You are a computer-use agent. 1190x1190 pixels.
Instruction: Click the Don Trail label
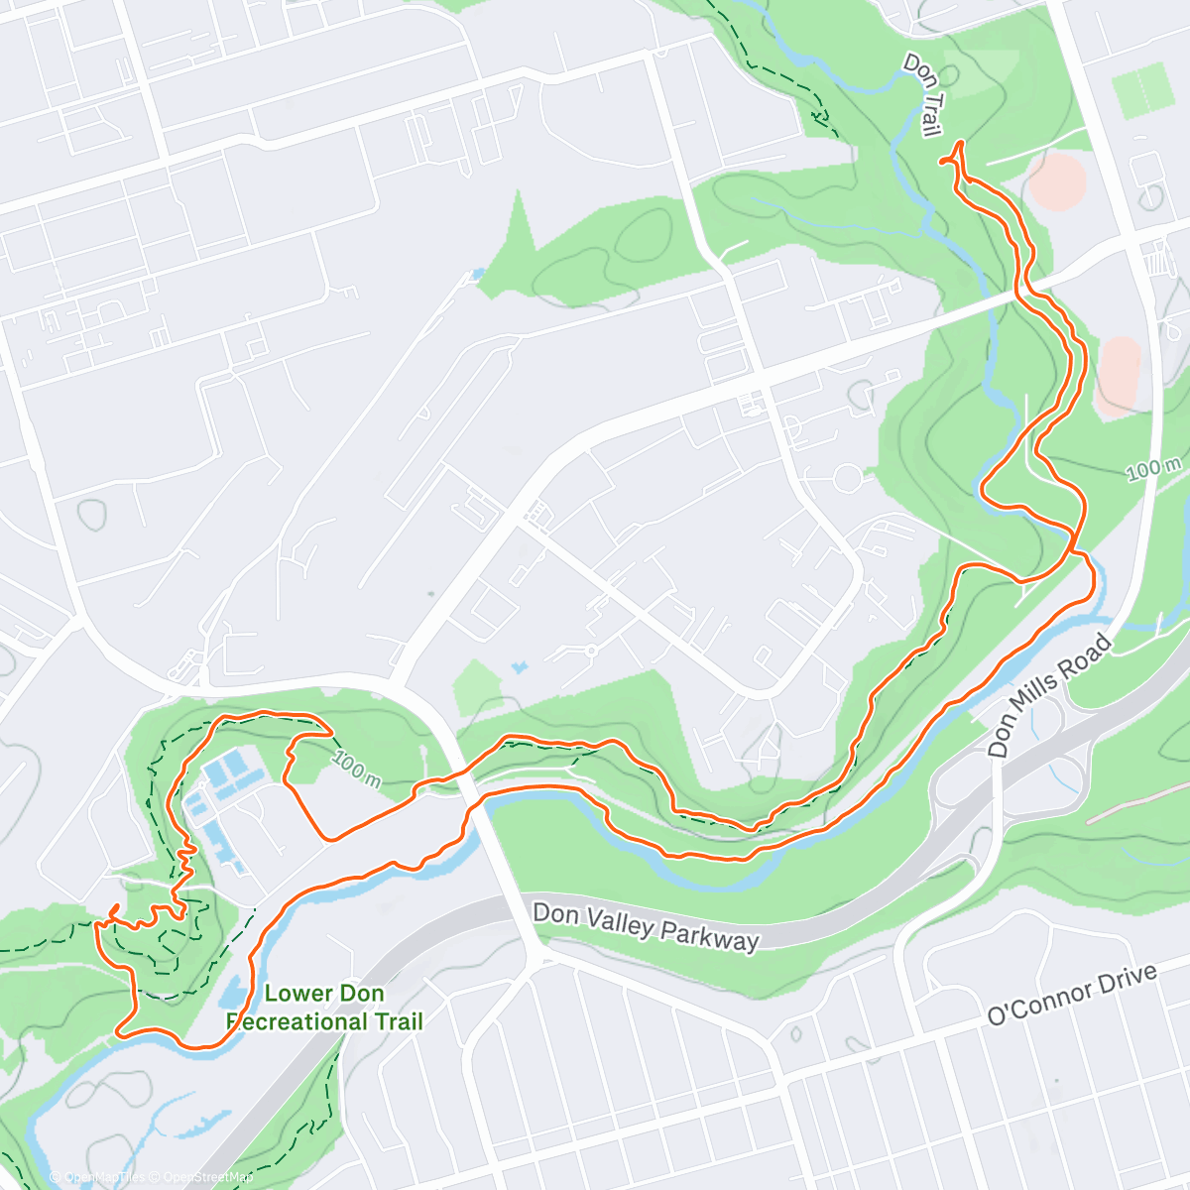tap(922, 95)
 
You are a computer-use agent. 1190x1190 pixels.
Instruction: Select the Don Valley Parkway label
tap(646, 927)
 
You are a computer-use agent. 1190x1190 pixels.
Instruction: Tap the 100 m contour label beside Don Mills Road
tap(1153, 468)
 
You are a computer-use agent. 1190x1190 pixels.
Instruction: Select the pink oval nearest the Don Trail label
tap(1058, 179)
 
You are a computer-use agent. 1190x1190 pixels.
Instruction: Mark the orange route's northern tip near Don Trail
tap(959, 146)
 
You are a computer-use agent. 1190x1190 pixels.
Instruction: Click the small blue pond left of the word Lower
tap(232, 992)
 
